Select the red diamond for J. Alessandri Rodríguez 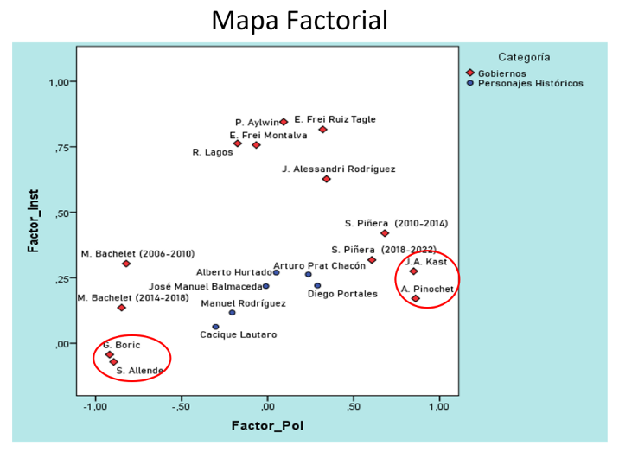click(x=326, y=179)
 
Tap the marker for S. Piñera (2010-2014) click(x=385, y=233)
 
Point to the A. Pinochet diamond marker click(x=416, y=299)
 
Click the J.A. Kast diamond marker click(x=413, y=271)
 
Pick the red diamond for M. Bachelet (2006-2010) click(x=126, y=264)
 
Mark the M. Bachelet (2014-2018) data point click(x=122, y=308)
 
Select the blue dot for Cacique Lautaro click(x=215, y=327)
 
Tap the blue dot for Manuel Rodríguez click(x=232, y=312)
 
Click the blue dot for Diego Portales click(x=317, y=285)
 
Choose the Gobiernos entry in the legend click(x=501, y=73)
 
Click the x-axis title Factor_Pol click(x=267, y=426)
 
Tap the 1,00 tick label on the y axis click(x=56, y=82)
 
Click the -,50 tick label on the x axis click(x=180, y=406)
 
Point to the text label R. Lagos click(x=208, y=152)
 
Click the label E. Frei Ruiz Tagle click(x=335, y=119)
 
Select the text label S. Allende click(x=140, y=371)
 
